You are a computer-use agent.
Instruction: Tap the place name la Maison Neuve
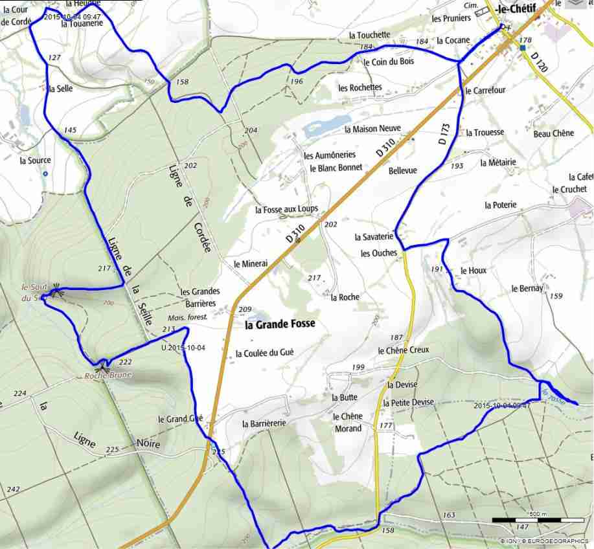(x=376, y=129)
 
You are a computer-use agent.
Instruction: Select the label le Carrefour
(x=485, y=91)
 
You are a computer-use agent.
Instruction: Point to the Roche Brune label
(x=108, y=375)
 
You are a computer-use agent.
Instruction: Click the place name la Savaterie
(x=374, y=238)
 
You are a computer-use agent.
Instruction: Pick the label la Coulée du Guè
(x=265, y=353)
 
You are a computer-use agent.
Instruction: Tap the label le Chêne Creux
(x=403, y=350)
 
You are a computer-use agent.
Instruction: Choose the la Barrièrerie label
(x=264, y=424)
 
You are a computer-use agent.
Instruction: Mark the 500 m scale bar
(x=537, y=519)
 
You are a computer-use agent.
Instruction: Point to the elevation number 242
(x=13, y=489)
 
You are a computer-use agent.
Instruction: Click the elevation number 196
(x=297, y=82)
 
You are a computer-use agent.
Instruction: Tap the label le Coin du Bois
(x=389, y=62)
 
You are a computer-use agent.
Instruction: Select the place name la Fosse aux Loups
(x=287, y=210)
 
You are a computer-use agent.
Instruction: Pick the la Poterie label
(x=501, y=205)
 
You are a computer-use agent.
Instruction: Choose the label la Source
(x=35, y=161)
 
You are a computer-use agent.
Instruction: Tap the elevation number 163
(x=448, y=515)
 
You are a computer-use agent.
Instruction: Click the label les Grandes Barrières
(x=200, y=297)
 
